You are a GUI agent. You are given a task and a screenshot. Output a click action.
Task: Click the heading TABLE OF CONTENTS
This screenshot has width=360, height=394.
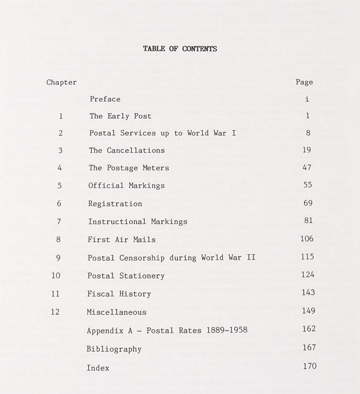tap(180, 49)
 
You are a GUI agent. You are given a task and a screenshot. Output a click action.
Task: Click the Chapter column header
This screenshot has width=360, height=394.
tap(61, 82)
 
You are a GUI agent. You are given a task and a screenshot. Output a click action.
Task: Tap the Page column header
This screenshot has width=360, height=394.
tap(304, 82)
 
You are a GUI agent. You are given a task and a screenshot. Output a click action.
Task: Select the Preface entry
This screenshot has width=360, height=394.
tap(105, 99)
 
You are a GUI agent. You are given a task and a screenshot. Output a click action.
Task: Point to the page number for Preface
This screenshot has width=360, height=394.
tap(306, 99)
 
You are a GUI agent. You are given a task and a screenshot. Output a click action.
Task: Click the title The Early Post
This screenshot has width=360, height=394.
tap(120, 117)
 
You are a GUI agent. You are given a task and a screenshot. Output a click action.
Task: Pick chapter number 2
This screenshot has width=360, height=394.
tap(60, 133)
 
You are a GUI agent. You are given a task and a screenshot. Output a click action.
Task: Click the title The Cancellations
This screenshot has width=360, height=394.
tap(127, 151)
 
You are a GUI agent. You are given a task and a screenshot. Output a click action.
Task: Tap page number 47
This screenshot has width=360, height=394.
tap(306, 167)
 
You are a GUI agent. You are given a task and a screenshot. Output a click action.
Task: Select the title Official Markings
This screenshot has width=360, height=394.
tap(126, 186)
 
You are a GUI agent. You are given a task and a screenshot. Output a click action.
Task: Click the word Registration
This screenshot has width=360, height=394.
tap(115, 204)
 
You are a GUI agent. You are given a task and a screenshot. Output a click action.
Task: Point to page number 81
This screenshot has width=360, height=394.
tap(307, 221)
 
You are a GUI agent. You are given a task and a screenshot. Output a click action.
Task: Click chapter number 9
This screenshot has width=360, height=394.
tap(58, 258)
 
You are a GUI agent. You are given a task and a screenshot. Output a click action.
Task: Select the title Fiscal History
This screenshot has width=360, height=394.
tap(119, 294)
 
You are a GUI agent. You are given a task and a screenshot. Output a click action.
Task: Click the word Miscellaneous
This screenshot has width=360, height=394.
tap(116, 312)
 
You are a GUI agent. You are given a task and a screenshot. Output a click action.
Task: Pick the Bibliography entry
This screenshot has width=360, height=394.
tap(114, 349)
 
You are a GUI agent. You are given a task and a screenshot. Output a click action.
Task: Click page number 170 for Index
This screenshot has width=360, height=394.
tap(309, 366)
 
